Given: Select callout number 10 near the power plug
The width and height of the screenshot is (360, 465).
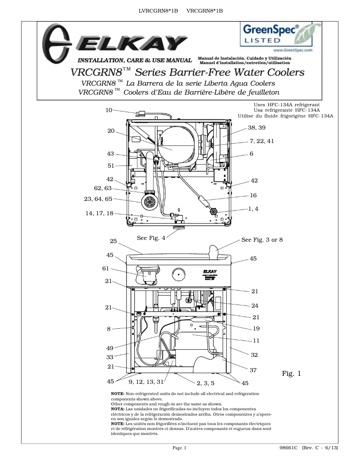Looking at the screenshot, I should coord(109,110).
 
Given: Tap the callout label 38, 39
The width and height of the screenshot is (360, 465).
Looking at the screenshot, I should coord(256,128).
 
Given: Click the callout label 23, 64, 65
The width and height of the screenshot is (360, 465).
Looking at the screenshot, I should coord(98,199).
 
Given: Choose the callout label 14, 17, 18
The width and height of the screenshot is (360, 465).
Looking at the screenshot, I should coord(99,213).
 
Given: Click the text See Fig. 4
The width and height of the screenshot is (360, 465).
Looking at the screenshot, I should coord(151,238).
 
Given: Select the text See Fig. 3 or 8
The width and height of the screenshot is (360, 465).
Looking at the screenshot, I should coord(262,239).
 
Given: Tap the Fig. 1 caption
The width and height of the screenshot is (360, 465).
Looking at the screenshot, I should coord(291,373).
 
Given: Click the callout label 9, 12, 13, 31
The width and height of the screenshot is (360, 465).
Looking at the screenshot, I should coord(146,382).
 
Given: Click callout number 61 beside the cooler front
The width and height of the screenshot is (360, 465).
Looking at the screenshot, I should coord(106,269).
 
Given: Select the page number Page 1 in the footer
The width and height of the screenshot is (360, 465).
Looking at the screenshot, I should coord(180,448).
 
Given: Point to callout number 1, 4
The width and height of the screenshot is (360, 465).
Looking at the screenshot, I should coord(254,209).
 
